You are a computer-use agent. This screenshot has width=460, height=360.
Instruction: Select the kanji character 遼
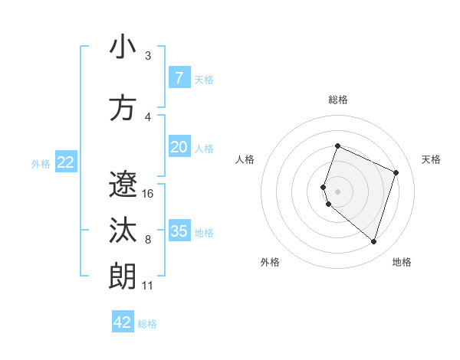point(123,185)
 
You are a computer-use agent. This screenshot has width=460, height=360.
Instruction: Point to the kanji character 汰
point(123,231)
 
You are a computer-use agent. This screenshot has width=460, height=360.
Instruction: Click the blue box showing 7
point(179,78)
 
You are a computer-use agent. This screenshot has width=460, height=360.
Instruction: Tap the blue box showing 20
point(179,147)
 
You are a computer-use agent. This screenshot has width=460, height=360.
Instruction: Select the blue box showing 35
point(179,231)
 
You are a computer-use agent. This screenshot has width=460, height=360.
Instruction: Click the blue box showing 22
point(65,162)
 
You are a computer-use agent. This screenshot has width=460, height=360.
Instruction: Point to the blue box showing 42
point(123,322)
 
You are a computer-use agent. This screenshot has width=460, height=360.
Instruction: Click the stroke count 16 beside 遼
point(148,194)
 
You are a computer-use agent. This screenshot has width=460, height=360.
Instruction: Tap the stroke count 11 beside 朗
point(147,286)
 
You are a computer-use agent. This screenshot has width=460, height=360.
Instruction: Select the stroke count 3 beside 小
point(147,56)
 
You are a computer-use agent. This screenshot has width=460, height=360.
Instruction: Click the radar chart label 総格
point(338,100)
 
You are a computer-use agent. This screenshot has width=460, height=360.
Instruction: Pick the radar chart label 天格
point(432,159)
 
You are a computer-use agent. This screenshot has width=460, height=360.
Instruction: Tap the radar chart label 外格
point(270,263)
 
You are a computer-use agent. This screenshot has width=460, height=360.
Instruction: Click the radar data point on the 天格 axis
point(396,172)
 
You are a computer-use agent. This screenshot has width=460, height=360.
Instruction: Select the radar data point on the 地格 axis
point(373,242)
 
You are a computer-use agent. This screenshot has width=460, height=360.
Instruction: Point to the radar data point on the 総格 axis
point(337,146)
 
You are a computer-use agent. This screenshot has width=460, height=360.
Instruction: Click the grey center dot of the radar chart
point(337,191)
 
